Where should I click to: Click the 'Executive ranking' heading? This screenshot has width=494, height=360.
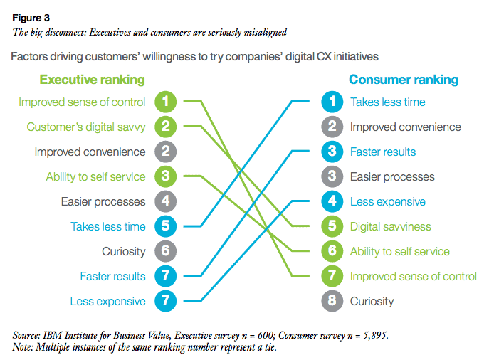click(92, 80)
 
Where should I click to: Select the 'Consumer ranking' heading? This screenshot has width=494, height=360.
click(404, 80)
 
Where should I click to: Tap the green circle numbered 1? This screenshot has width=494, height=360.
click(165, 102)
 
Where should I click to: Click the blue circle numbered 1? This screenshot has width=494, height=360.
click(332, 102)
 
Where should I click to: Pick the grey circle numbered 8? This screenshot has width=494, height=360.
click(332, 301)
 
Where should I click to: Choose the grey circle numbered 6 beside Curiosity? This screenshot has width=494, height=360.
click(165, 251)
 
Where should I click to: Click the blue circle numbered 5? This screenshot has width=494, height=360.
click(165, 226)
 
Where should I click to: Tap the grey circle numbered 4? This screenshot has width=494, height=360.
click(165, 201)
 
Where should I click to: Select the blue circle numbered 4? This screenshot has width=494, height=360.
click(332, 201)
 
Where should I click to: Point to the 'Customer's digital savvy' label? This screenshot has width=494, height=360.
click(86, 127)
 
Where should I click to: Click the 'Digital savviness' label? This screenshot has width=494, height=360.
click(391, 226)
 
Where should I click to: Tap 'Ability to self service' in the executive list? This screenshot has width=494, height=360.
click(96, 176)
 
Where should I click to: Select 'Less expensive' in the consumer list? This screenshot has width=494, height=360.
click(388, 201)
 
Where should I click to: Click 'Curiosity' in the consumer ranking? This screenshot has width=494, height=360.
click(372, 302)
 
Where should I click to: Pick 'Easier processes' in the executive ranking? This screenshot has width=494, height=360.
click(103, 201)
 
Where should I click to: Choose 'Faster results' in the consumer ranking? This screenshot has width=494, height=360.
click(383, 152)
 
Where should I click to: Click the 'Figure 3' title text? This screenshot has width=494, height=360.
click(31, 18)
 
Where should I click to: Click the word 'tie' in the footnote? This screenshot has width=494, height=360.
click(270, 347)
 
